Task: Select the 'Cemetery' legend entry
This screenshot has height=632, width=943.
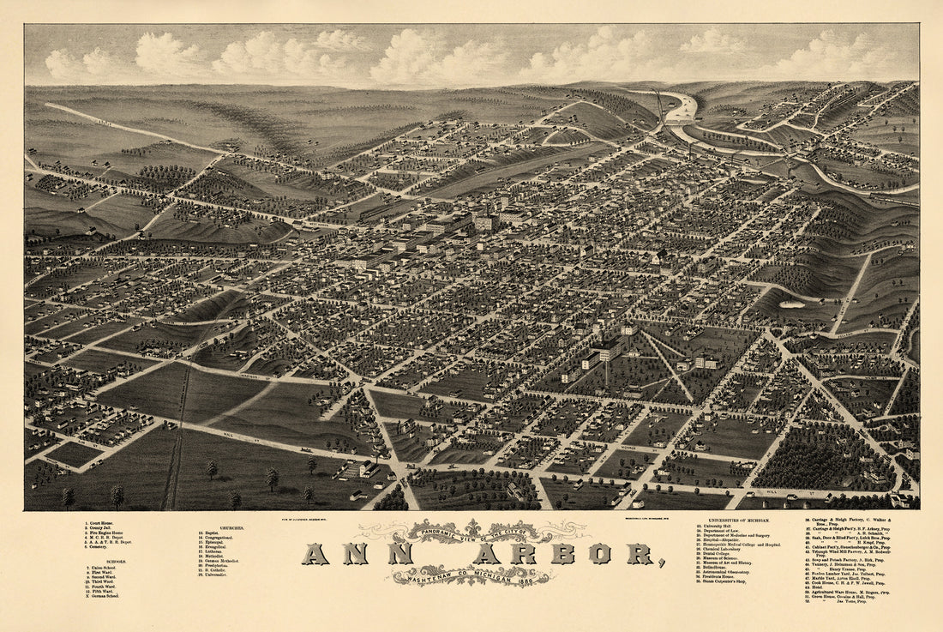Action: click(x=96, y=547)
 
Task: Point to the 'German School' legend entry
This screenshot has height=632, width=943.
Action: click(x=104, y=595)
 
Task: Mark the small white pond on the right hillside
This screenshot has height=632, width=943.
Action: click(x=792, y=304)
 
